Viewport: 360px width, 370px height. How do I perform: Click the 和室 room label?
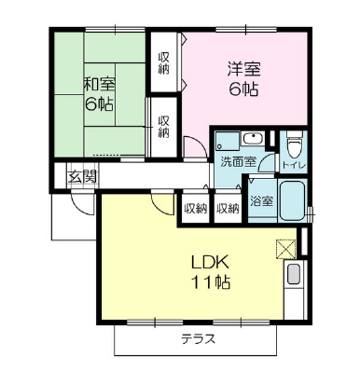99,85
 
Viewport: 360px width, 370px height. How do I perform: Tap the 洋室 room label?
244,69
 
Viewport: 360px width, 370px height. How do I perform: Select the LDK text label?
210,263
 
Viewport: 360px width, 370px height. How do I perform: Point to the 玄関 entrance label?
82,177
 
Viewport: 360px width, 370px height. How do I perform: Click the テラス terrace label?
199,338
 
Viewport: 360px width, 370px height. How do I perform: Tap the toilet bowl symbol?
294,144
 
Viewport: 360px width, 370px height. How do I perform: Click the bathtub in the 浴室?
292,200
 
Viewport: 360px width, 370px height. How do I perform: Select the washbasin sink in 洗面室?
254,139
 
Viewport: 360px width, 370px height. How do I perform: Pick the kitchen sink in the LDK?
294,273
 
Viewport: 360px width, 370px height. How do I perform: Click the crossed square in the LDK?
285,249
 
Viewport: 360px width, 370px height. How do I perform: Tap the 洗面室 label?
238,162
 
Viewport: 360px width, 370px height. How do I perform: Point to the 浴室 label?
262,201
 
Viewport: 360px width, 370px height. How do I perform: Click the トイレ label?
294,165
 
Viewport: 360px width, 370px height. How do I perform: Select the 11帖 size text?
210,282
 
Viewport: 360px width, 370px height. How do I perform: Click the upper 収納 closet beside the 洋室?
164,63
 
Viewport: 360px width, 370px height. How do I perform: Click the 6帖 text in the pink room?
243,89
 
